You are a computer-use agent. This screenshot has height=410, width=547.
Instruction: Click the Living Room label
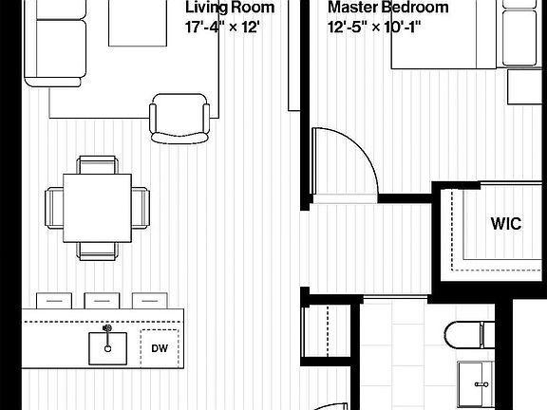pyautogui.click(x=230, y=7)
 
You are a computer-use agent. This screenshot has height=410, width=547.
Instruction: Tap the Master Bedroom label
pyautogui.click(x=387, y=7)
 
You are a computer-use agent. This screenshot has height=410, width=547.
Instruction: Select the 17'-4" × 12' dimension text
pyautogui.click(x=222, y=28)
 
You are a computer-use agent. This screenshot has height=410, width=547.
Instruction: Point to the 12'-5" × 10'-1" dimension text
pyautogui.click(x=374, y=28)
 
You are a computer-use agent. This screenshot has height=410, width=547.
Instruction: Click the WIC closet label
pyautogui.click(x=506, y=223)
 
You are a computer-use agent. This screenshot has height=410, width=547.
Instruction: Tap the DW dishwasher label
pyautogui.click(x=160, y=348)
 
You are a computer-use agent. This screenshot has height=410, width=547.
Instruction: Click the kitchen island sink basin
pyautogui.click(x=108, y=348)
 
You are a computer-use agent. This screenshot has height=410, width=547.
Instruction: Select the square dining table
pyautogui.click(x=97, y=208)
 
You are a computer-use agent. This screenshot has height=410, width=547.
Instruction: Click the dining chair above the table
pyautogui.click(x=97, y=165)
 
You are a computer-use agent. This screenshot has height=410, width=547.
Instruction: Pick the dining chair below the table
pyautogui.click(x=97, y=252)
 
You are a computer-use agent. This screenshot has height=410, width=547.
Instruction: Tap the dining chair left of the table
pyautogui.click(x=54, y=208)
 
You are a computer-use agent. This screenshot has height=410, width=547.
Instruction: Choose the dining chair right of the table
pyautogui.click(x=141, y=208)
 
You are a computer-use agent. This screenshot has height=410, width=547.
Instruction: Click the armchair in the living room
pyautogui.click(x=179, y=119)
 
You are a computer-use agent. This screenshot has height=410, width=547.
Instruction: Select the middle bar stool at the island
pyautogui.click(x=102, y=301)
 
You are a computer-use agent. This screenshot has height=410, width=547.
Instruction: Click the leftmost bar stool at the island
pyautogui.click(x=54, y=301)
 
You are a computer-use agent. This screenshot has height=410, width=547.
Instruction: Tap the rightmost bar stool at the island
pyautogui.click(x=150, y=301)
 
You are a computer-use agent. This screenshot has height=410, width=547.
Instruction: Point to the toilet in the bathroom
pyautogui.click(x=470, y=335)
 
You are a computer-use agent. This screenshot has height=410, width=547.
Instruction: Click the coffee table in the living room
pyautogui.click(x=138, y=23)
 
